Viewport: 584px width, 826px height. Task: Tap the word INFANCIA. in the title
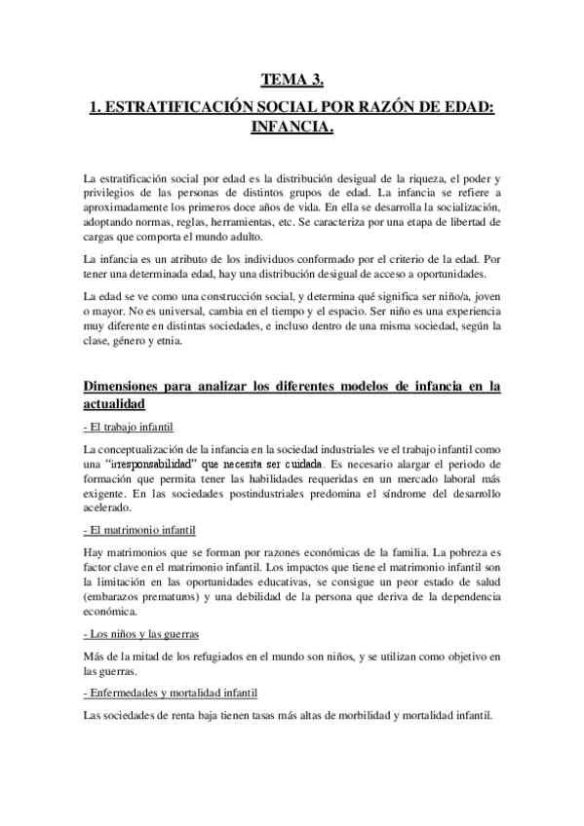tap(292, 130)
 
